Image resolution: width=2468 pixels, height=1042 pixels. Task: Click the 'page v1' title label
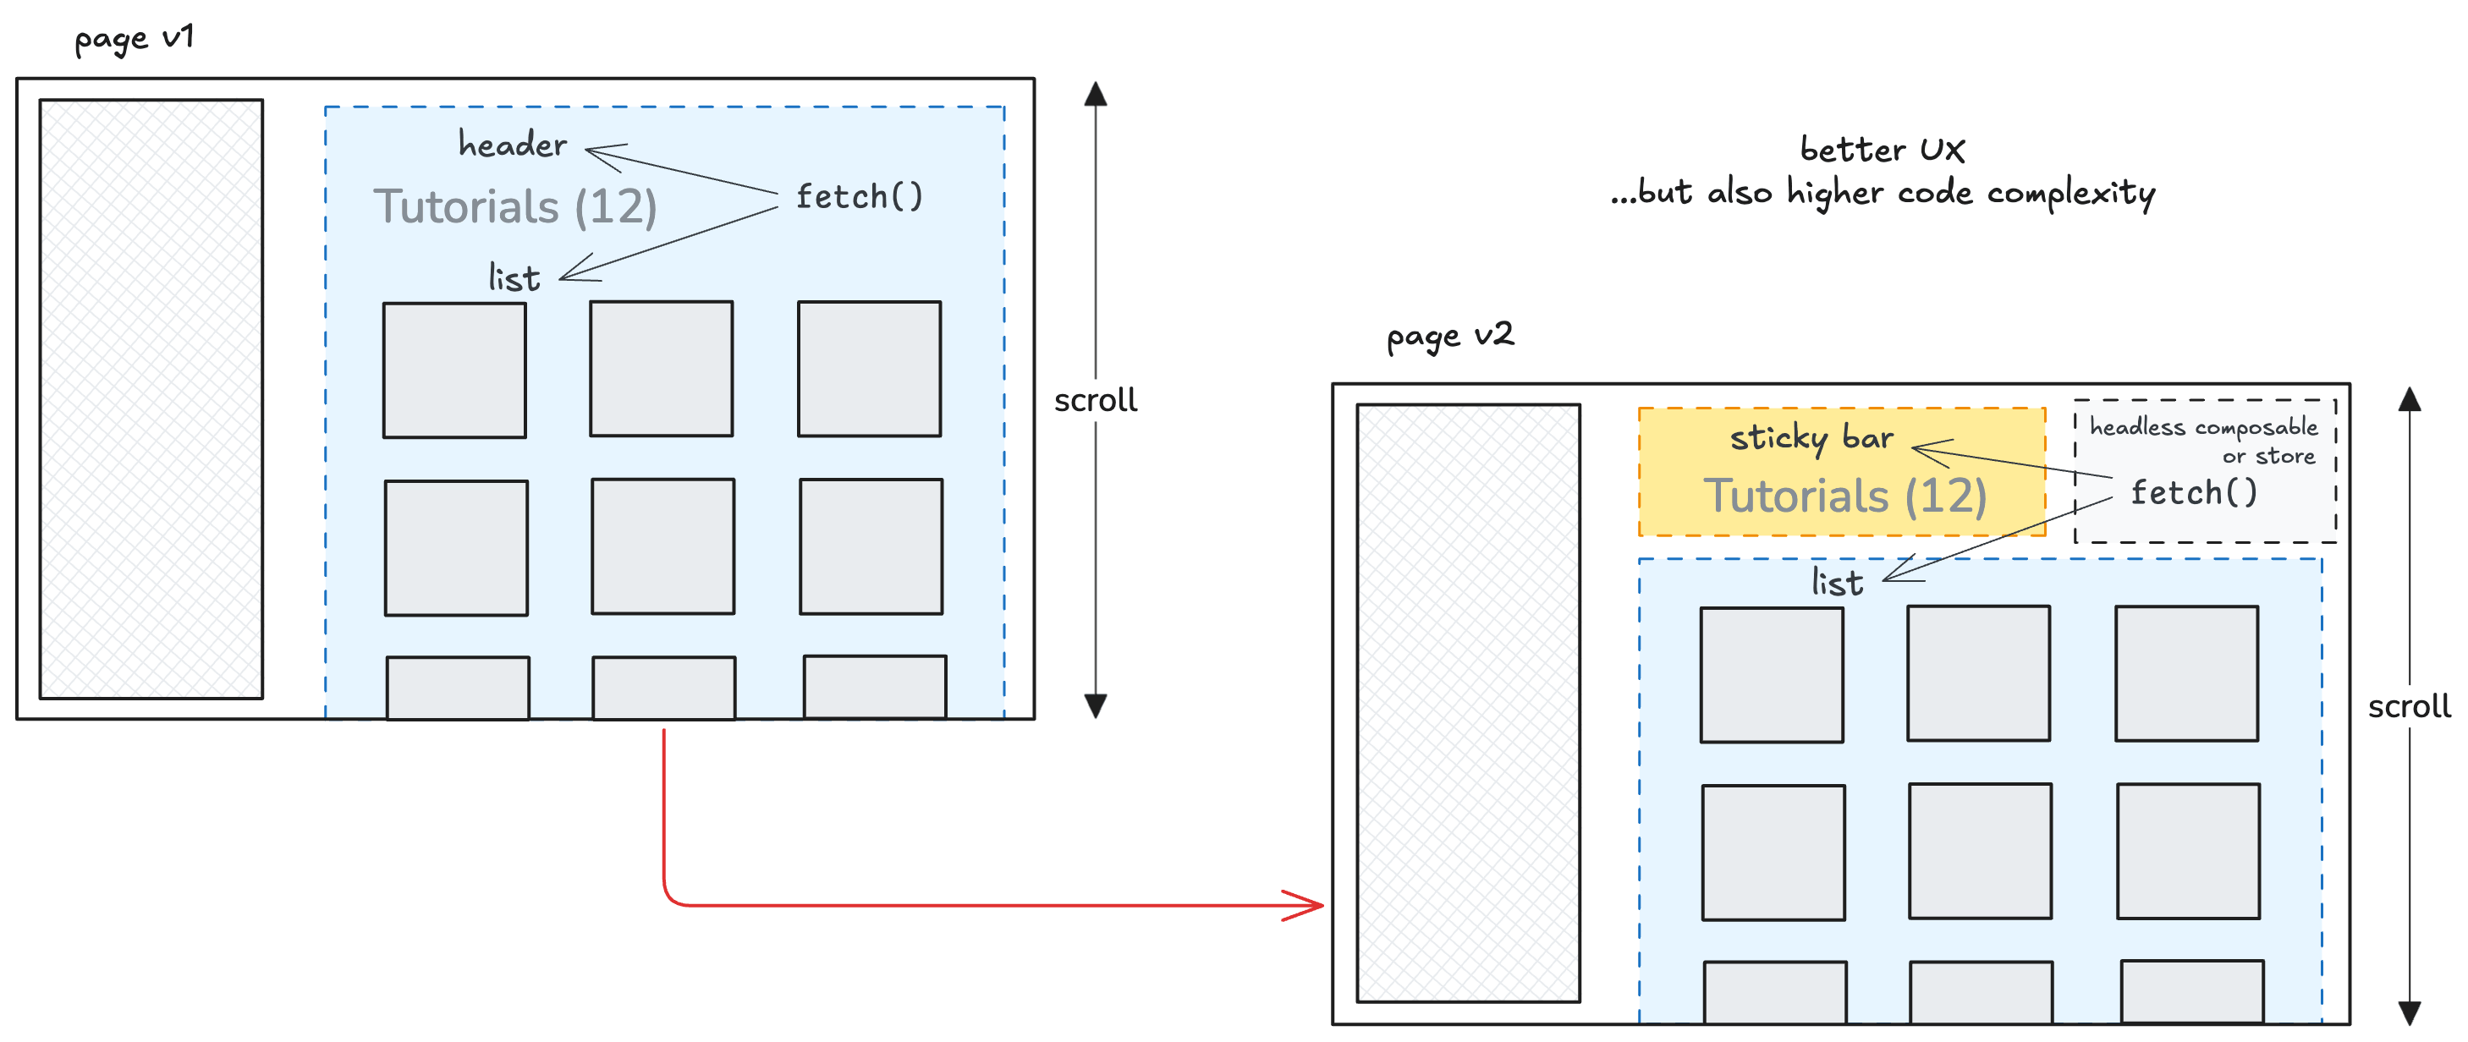point(135,39)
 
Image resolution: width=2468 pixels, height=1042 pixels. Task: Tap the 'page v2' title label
point(1449,336)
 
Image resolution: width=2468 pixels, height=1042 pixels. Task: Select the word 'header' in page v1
point(513,145)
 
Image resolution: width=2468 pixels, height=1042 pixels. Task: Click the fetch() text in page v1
point(859,197)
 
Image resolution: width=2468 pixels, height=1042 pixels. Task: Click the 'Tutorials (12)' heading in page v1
point(515,207)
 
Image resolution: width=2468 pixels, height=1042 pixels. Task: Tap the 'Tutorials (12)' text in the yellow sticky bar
point(1844,496)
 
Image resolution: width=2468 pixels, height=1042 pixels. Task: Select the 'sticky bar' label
point(1811,437)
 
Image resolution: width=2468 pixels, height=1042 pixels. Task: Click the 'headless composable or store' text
point(2203,441)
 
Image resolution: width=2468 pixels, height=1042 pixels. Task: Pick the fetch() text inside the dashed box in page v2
point(2194,493)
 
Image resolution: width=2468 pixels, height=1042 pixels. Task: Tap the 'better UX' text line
point(1882,151)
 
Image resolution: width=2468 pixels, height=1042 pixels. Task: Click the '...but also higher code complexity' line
point(1882,194)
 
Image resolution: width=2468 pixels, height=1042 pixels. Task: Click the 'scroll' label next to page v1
point(1095,400)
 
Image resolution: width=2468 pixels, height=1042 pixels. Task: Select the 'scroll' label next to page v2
point(2409,707)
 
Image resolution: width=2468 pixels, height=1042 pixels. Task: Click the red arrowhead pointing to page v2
point(1309,905)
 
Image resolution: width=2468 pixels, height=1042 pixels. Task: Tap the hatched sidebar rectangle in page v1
point(151,399)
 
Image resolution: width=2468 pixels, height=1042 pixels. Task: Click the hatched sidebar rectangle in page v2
point(1468,703)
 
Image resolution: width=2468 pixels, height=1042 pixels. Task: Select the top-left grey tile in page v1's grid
point(454,370)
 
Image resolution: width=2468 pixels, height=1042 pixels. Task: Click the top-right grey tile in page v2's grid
point(2186,673)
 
